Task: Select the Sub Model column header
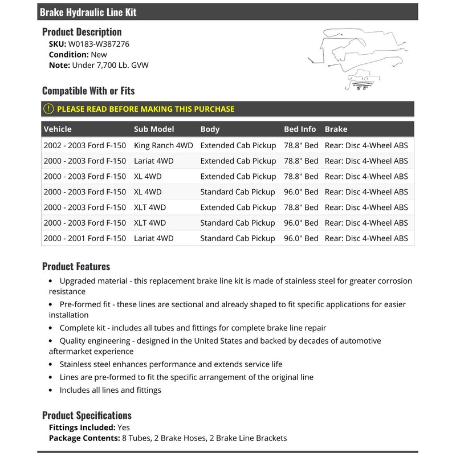click(154, 129)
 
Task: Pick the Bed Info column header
click(300, 129)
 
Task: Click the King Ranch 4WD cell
click(162, 145)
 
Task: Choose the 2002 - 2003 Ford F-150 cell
click(84, 145)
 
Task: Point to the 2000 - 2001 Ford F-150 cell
click(84, 238)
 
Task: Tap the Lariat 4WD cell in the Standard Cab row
click(154, 238)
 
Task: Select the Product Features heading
click(76, 266)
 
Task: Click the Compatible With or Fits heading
click(88, 91)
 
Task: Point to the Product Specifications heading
click(87, 415)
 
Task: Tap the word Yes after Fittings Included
click(124, 427)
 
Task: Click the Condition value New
click(99, 55)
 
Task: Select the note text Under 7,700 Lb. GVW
click(110, 66)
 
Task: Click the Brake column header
click(336, 129)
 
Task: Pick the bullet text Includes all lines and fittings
click(111, 390)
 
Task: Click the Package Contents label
click(83, 438)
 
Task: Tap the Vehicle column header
click(58, 129)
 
